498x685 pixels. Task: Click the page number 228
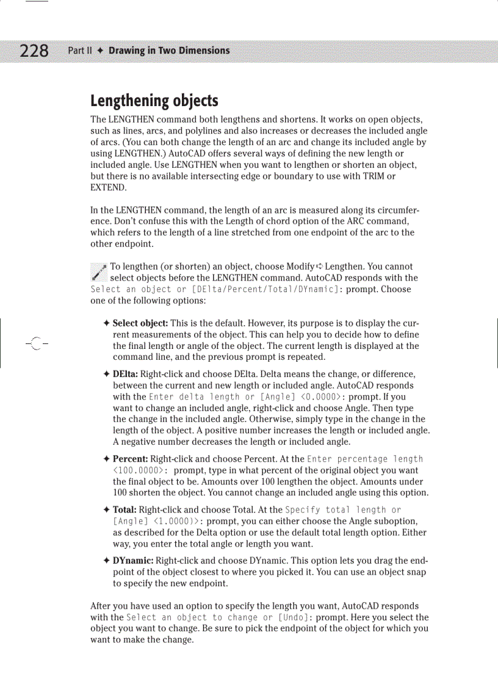pyautogui.click(x=34, y=51)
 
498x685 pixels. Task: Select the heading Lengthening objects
pyautogui.click(x=154, y=101)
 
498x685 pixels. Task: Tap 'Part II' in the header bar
pyautogui.click(x=79, y=51)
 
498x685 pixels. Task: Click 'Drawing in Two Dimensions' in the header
pyautogui.click(x=169, y=51)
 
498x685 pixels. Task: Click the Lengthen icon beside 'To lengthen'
pyautogui.click(x=98, y=272)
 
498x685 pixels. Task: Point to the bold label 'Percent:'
pyautogui.click(x=131, y=459)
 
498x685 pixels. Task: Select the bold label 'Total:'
pyautogui.click(x=125, y=509)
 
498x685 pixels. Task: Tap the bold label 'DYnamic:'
pyautogui.click(x=134, y=561)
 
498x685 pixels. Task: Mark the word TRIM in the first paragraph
pyautogui.click(x=367, y=176)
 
